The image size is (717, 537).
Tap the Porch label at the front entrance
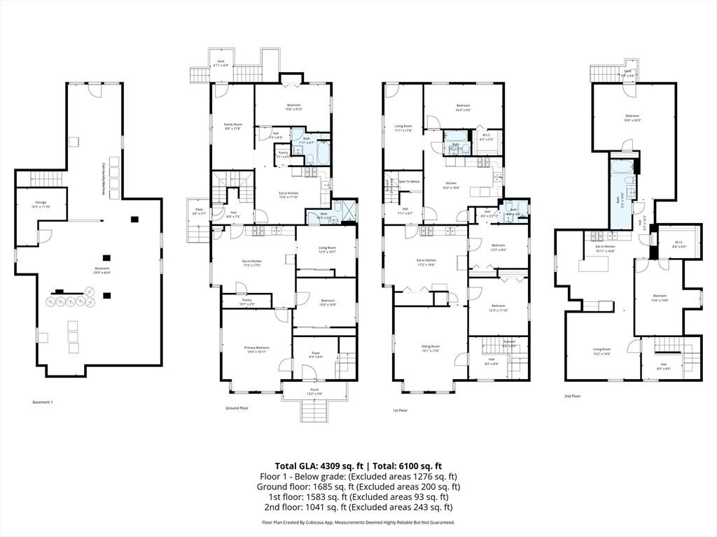click(x=314, y=392)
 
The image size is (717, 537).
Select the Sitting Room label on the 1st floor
click(x=430, y=348)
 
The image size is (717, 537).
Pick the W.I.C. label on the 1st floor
click(x=487, y=137)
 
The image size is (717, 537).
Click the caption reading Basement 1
click(x=43, y=402)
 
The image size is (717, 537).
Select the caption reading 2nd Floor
click(x=573, y=396)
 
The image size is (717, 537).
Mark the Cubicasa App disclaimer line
click(x=358, y=522)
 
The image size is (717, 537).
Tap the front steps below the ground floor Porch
click(x=314, y=410)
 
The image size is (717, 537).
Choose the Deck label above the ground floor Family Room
click(x=221, y=63)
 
